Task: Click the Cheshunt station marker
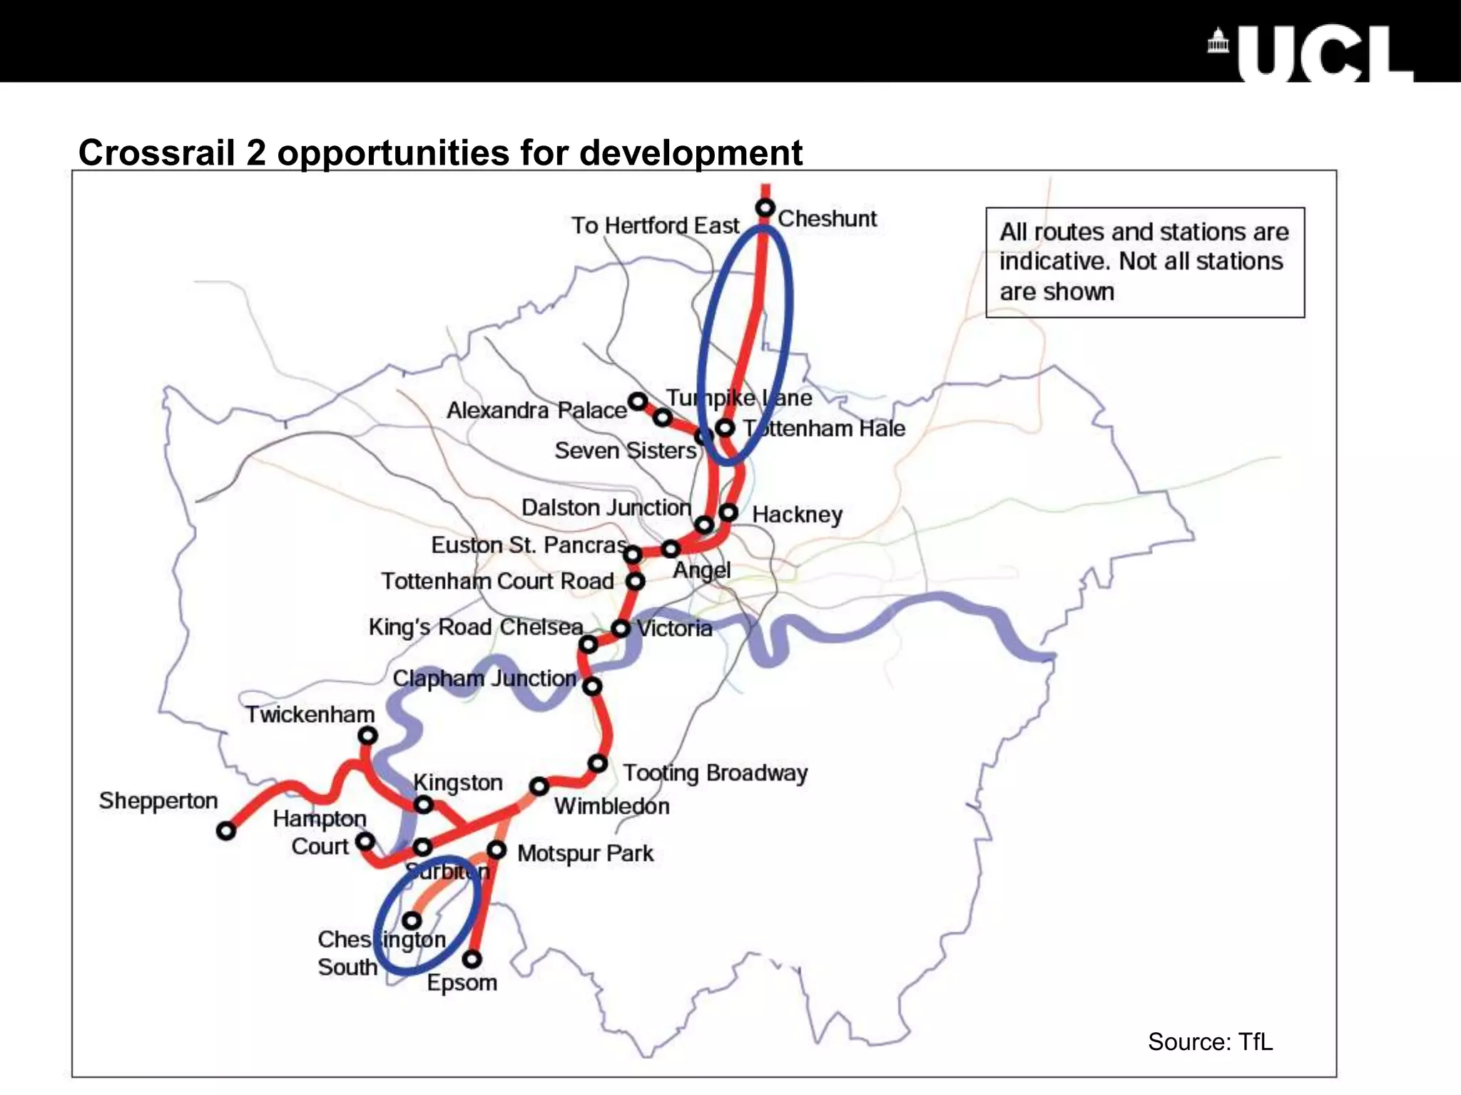[x=765, y=208]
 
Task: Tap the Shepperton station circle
[x=226, y=831]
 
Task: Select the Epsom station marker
[x=472, y=960]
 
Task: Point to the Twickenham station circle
[x=367, y=735]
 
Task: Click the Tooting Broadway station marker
[x=598, y=764]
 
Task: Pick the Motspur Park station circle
[x=497, y=850]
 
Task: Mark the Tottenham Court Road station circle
[x=635, y=581]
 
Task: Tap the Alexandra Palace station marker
[x=638, y=401]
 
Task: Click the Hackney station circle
[x=728, y=512]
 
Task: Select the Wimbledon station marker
[x=539, y=786]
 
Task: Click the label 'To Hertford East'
[x=655, y=225]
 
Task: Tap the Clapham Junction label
[x=484, y=678]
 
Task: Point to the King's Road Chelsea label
[x=476, y=627]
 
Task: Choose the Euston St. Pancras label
[x=529, y=545]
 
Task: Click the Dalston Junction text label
[x=606, y=508]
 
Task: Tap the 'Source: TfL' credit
[x=1210, y=1042]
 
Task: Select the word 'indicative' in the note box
[x=1053, y=262]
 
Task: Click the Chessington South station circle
[x=412, y=920]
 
